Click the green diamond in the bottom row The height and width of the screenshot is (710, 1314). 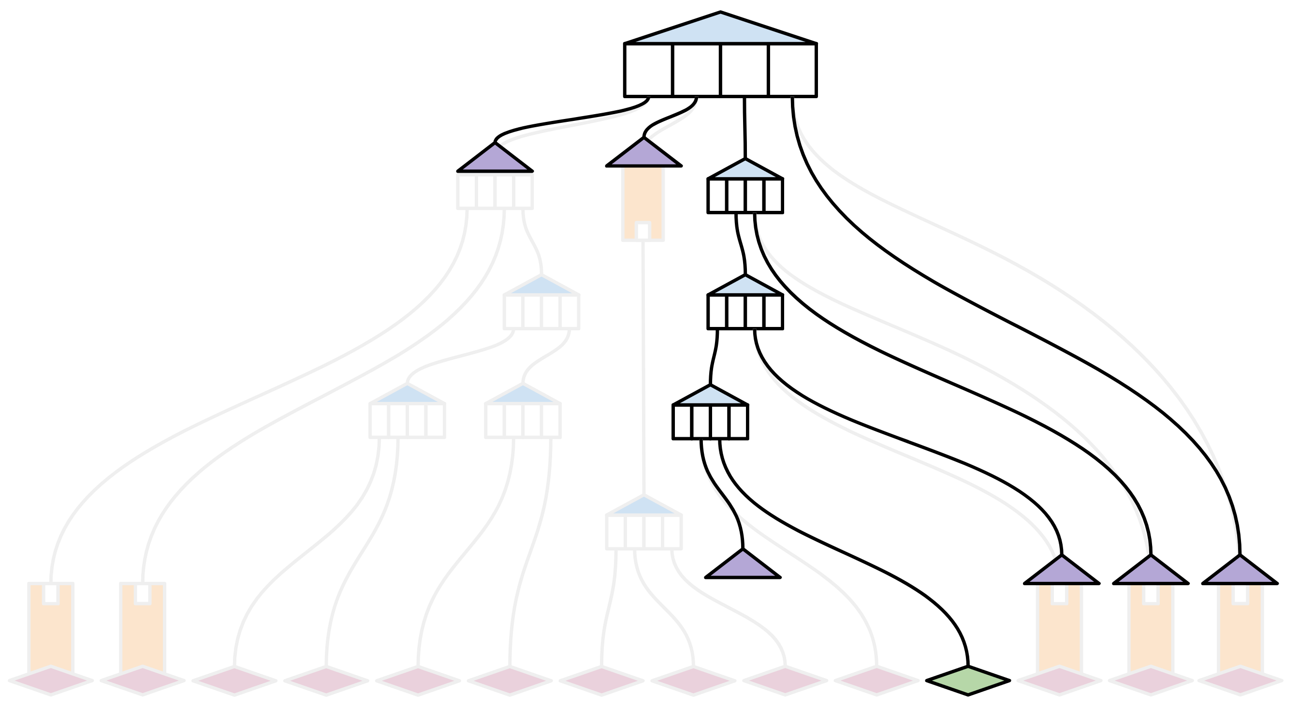967,680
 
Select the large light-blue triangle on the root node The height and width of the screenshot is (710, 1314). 720,30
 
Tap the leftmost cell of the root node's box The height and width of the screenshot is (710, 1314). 648,70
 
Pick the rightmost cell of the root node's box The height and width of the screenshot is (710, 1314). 792,70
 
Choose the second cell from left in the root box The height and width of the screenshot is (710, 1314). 696,70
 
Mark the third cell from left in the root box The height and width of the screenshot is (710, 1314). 744,70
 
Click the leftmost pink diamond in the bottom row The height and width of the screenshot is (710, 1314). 51,680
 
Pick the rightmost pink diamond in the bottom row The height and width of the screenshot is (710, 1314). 1240,680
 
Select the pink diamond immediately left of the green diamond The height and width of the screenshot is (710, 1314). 876,680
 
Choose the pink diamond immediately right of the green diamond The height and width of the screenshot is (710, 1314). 1059,680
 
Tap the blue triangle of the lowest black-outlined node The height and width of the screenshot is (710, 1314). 710,397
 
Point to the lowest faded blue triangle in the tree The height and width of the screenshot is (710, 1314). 644,507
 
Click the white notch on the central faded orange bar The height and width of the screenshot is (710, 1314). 642,231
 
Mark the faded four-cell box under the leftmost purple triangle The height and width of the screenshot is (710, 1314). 495,191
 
